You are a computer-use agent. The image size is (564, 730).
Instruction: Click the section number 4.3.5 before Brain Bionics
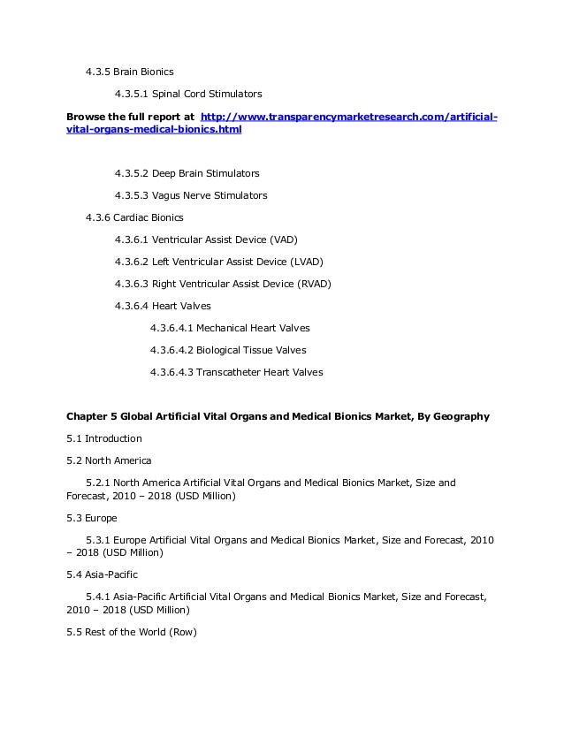97,72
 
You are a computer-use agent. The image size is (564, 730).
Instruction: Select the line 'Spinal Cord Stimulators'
207,94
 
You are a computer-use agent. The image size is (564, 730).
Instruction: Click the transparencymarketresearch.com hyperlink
349,117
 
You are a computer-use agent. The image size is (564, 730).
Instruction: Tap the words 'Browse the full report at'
131,117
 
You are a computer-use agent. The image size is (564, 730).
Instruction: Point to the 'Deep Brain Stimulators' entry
205,173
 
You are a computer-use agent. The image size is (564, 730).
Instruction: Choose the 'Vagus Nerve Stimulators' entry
210,195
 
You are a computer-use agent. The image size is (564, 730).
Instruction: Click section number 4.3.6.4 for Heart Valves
131,306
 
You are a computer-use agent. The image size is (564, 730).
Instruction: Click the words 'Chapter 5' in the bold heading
92,416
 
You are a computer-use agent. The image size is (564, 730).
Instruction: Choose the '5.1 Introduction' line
104,438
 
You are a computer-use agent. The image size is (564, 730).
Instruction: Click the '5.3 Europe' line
92,518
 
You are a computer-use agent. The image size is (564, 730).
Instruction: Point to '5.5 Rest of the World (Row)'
132,632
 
